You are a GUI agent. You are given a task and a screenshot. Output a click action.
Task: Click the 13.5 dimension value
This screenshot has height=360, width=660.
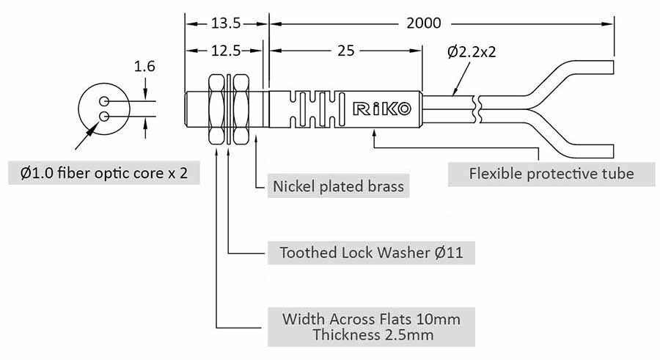(226, 23)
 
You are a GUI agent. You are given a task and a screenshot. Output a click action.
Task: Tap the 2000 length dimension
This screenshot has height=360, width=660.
(423, 23)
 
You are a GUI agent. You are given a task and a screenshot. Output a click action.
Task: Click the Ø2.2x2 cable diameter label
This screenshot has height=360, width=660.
(476, 52)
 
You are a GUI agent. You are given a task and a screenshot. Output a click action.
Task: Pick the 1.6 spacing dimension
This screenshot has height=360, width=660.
(144, 67)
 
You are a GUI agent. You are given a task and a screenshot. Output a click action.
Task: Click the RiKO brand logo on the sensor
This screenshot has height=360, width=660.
(382, 109)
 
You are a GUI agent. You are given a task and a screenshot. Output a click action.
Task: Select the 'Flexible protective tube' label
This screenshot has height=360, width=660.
(551, 174)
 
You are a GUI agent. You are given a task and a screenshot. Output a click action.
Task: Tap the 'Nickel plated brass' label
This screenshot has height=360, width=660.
(338, 186)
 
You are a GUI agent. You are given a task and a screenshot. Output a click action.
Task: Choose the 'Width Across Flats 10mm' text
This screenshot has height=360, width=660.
(372, 320)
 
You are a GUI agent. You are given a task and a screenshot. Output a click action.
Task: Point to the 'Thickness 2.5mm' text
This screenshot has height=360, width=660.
(372, 336)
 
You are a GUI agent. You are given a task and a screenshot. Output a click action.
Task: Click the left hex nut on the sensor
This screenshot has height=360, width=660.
(219, 109)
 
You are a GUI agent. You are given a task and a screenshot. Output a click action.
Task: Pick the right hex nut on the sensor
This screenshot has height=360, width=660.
(241, 109)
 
